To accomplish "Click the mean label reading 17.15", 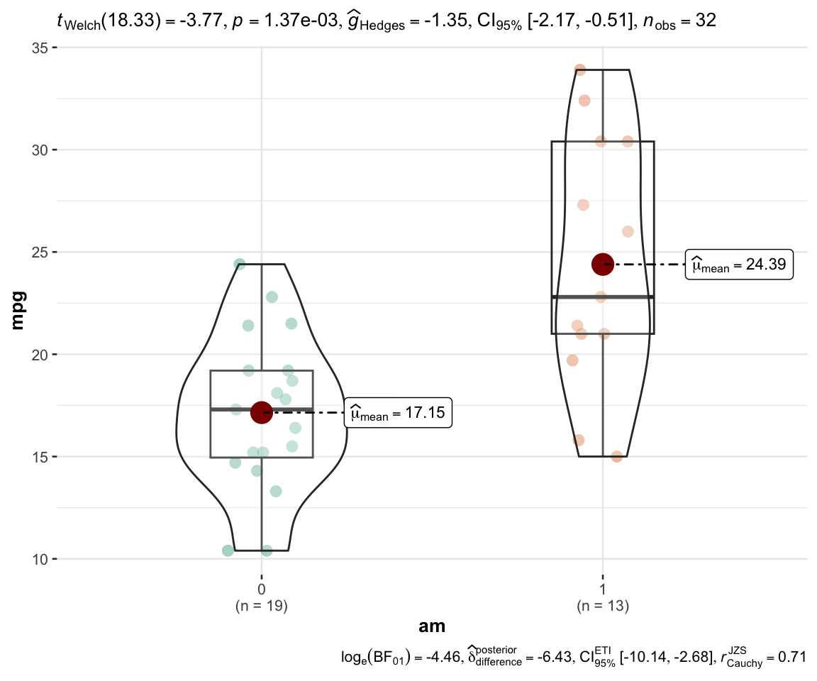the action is pyautogui.click(x=398, y=413).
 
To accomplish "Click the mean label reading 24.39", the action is pyautogui.click(x=739, y=265).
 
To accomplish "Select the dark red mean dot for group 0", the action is pyautogui.click(x=262, y=413).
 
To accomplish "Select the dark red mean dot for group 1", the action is pyautogui.click(x=603, y=265).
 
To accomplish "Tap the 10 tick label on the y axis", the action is pyautogui.click(x=40, y=560).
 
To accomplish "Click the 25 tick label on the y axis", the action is pyautogui.click(x=40, y=253).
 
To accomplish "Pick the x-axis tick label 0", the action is pyautogui.click(x=262, y=589).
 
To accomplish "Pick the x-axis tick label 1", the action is pyautogui.click(x=603, y=589).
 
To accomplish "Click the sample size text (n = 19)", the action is pyautogui.click(x=262, y=606).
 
